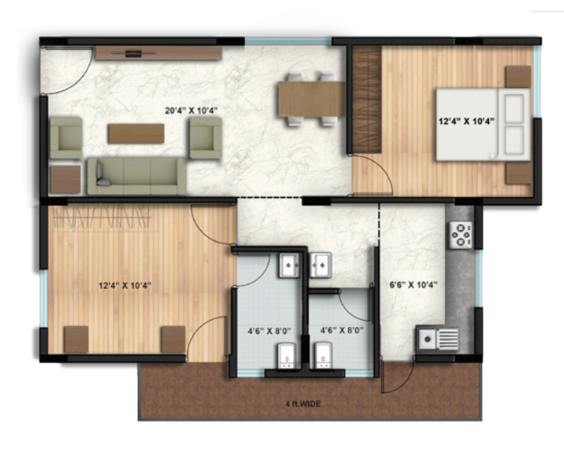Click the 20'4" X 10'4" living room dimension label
click(x=193, y=110)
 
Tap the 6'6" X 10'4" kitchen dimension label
click(x=413, y=283)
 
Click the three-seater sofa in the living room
click(x=136, y=175)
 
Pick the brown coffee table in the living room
click(x=135, y=133)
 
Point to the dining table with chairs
click(x=309, y=99)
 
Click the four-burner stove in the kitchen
click(x=462, y=234)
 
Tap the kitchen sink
click(x=438, y=338)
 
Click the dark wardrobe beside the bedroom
click(x=367, y=99)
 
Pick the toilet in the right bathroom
click(x=326, y=355)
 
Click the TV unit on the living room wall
click(x=158, y=53)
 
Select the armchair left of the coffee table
click(x=66, y=137)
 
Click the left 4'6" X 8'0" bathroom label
click(x=265, y=330)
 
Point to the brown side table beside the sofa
click(x=65, y=178)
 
